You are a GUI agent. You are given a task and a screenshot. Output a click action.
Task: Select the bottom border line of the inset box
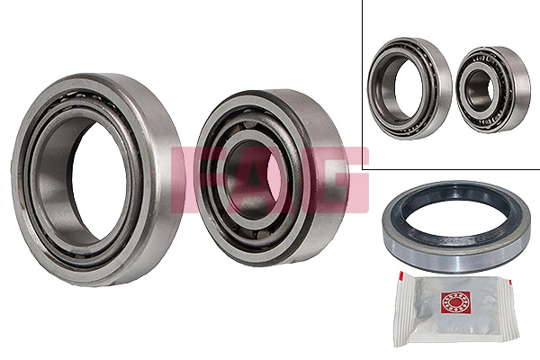450,168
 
